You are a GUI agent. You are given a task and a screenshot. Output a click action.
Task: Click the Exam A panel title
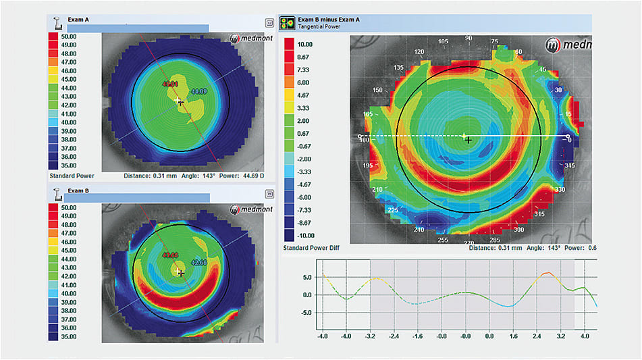78,20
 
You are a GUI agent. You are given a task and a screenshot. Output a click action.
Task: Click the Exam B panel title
78,191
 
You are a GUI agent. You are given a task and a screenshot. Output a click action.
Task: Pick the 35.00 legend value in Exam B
68,336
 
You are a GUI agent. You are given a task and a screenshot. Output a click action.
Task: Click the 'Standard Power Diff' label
311,249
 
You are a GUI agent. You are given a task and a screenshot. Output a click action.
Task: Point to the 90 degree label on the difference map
467,39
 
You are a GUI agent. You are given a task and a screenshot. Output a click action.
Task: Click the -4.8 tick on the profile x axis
323,335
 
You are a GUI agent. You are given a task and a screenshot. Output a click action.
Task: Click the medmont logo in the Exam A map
247,38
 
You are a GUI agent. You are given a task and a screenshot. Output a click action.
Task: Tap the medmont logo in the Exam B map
247,209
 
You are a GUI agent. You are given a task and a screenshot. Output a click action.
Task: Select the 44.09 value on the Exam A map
200,91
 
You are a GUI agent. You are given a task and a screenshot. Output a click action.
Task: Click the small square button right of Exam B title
269,193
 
